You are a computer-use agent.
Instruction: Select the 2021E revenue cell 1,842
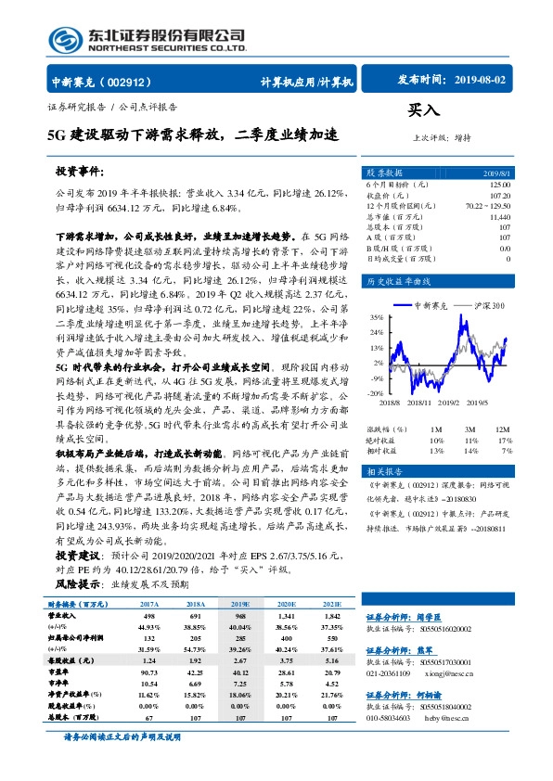332,614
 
